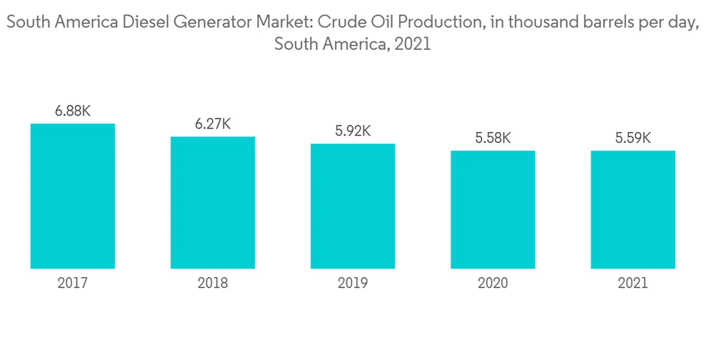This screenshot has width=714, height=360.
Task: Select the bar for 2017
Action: (73, 196)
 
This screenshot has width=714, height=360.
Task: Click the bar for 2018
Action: (213, 203)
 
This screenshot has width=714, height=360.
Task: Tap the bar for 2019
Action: (353, 206)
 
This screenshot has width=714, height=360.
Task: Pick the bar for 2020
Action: (493, 210)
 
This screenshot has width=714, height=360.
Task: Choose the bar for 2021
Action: (633, 210)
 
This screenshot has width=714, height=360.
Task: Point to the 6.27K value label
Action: (213, 124)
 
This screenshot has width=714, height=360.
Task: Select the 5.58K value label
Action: (493, 138)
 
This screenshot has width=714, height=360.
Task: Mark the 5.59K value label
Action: (633, 138)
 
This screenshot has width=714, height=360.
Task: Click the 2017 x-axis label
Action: (73, 284)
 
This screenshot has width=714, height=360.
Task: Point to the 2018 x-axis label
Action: (213, 284)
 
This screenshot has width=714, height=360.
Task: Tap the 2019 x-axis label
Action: (353, 284)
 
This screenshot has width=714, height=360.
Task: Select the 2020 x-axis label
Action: (493, 284)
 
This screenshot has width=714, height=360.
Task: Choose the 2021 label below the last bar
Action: (633, 284)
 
